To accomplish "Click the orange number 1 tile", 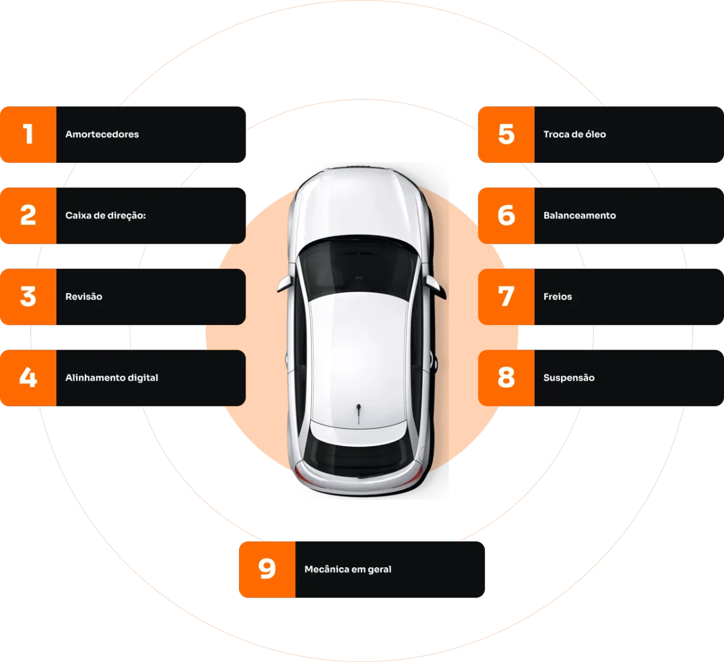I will point(28,134).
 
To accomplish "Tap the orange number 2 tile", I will point(28,215).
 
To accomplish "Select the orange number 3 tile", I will point(28,297).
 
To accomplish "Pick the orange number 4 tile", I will point(28,378).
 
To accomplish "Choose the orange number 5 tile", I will point(506,134).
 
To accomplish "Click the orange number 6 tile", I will point(506,215).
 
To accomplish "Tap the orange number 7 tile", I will point(506,297).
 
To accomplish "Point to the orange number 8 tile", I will point(506,378).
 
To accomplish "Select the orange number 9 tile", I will point(267,569).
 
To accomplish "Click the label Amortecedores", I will point(102,134).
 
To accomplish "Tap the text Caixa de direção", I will point(106,215).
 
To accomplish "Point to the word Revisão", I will point(84,297).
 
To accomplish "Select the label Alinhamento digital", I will point(112,378).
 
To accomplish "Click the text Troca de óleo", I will point(574,134).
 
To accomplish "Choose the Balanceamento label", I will point(579,215).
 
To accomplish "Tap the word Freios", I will point(557,297).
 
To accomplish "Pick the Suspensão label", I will point(569,378).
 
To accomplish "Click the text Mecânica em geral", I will point(348,569).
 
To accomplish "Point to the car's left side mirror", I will point(284,283).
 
